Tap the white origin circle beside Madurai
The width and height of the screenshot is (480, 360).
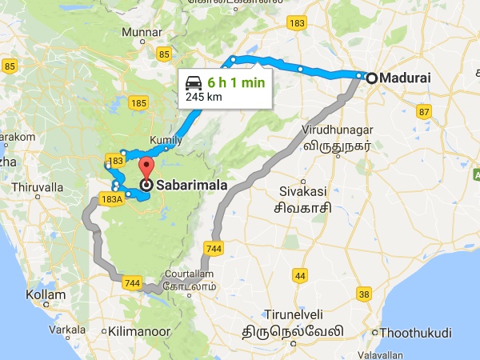(371, 78)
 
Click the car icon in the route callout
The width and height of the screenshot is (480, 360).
(194, 82)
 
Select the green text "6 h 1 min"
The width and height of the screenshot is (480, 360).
(235, 82)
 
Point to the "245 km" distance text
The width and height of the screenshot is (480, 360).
(203, 97)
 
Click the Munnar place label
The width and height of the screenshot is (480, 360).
(139, 32)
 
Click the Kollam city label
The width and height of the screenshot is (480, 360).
(45, 295)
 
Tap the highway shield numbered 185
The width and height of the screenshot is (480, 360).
(138, 102)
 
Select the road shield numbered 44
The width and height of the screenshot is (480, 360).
(301, 276)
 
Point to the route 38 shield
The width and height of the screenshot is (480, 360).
(364, 294)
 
